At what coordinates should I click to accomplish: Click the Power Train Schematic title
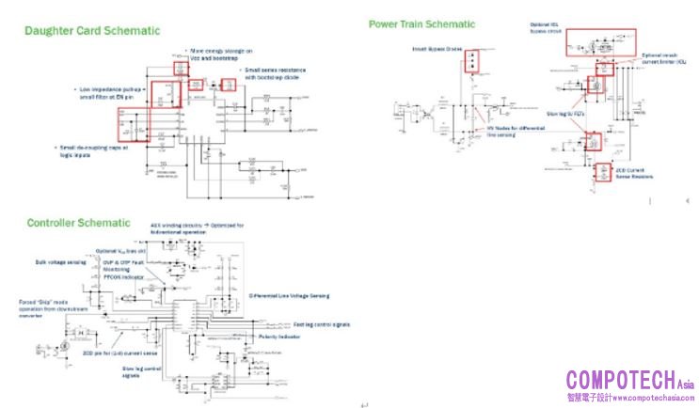point(421,24)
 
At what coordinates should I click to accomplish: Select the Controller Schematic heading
point(79,223)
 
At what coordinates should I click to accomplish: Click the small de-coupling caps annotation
point(93,149)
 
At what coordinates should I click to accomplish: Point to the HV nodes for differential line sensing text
point(509,131)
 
